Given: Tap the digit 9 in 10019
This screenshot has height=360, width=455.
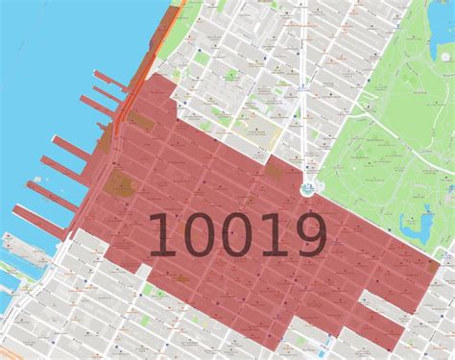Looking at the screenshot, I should (306, 235).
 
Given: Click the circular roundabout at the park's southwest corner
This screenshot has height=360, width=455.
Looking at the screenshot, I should (311, 188).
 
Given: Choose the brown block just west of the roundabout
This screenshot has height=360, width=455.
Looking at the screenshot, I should (279, 171).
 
